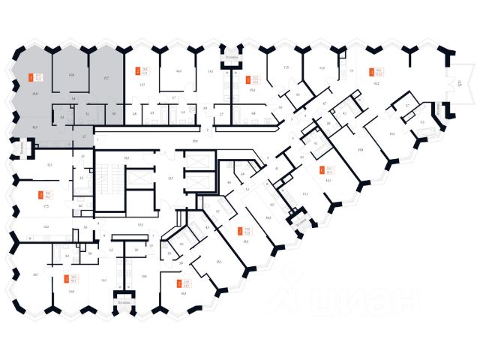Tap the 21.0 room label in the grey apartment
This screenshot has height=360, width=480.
(35, 93)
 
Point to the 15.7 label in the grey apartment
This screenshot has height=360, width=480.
(106, 77)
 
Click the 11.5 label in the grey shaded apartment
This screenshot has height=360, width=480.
(36, 128)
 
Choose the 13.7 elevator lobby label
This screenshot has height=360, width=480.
(170, 178)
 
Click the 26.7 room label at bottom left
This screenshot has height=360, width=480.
(35, 275)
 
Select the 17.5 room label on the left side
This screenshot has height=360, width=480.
(46, 205)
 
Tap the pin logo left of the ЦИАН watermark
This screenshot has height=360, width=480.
(289, 300)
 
